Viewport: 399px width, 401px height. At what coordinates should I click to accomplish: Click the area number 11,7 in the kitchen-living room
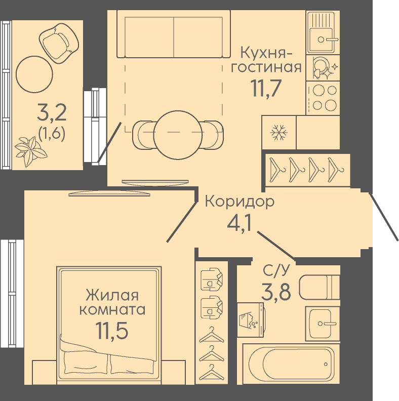[266, 89]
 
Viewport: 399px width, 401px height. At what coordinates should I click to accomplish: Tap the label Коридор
[240, 202]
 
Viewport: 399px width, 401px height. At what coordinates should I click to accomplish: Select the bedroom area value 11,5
[111, 330]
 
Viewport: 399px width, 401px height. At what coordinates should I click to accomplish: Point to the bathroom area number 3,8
[276, 292]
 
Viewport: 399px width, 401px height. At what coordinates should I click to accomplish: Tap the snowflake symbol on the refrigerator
[278, 133]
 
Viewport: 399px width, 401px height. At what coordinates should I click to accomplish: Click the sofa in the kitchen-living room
[170, 34]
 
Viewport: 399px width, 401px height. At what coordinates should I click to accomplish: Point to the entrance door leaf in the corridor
[384, 217]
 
